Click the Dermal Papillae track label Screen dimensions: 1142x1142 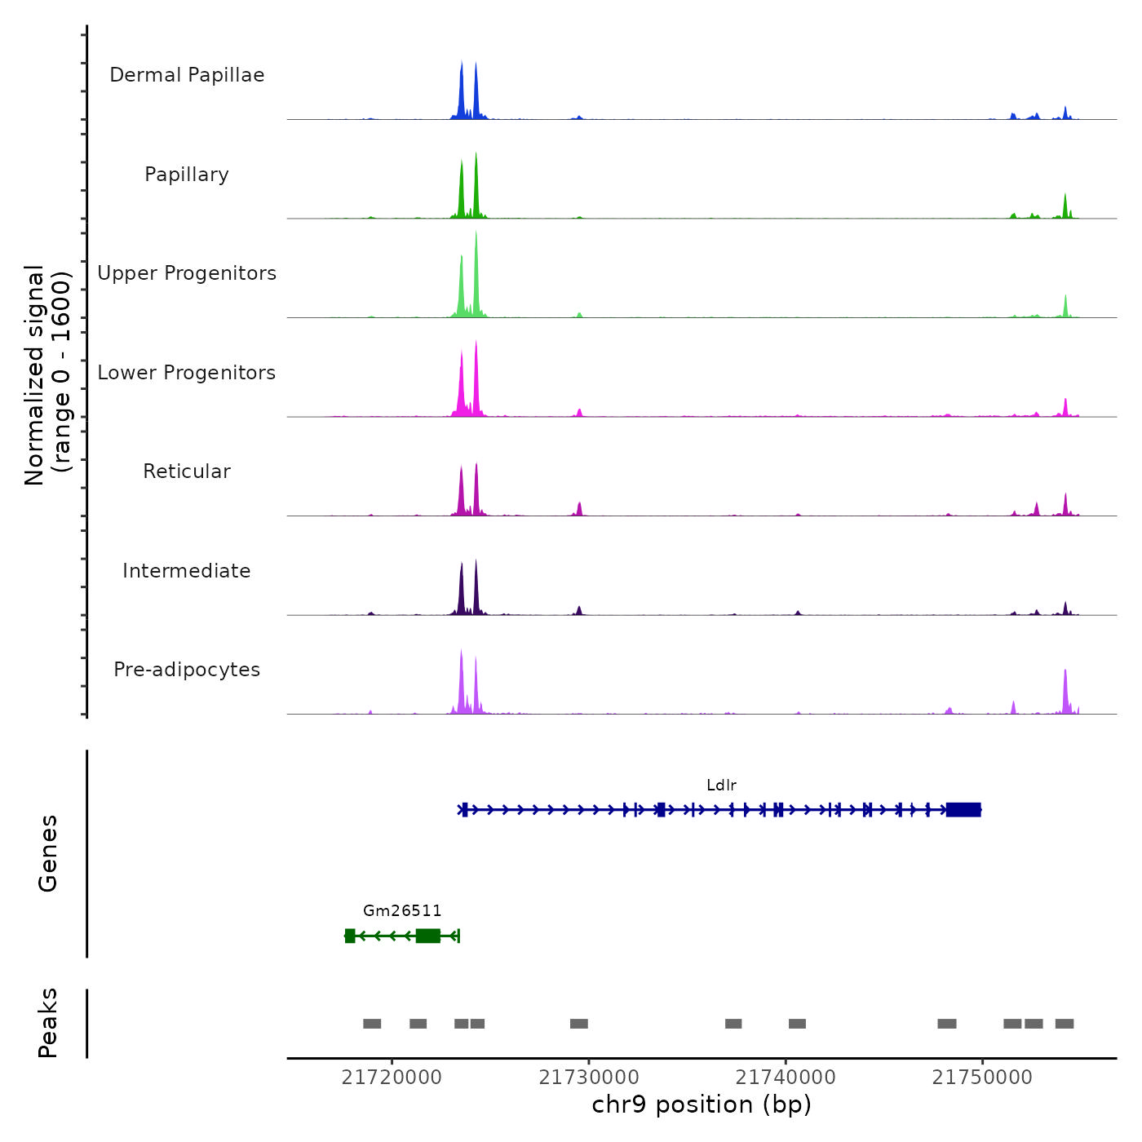tap(187, 75)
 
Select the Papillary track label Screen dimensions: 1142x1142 tap(187, 175)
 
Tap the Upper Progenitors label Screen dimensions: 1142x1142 tap(187, 273)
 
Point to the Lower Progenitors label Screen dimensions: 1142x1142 tap(187, 373)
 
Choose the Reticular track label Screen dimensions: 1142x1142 tap(187, 471)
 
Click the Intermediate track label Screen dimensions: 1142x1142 tap(187, 571)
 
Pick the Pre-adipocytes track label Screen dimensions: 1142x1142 tap(187, 670)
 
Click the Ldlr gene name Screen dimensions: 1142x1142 tap(721, 786)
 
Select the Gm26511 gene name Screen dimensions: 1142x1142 tap(402, 911)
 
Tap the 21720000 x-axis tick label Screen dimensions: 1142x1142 tap(392, 1078)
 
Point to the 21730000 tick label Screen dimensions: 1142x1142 tap(589, 1078)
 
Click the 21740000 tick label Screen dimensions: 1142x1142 tap(786, 1078)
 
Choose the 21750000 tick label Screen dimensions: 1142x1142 tap(982, 1078)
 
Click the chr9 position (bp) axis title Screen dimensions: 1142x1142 tap(702, 1104)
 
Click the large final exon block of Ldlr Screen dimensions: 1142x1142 tap(963, 809)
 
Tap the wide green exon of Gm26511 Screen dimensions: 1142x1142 tap(427, 936)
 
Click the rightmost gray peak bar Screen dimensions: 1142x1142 tap(1065, 1024)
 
